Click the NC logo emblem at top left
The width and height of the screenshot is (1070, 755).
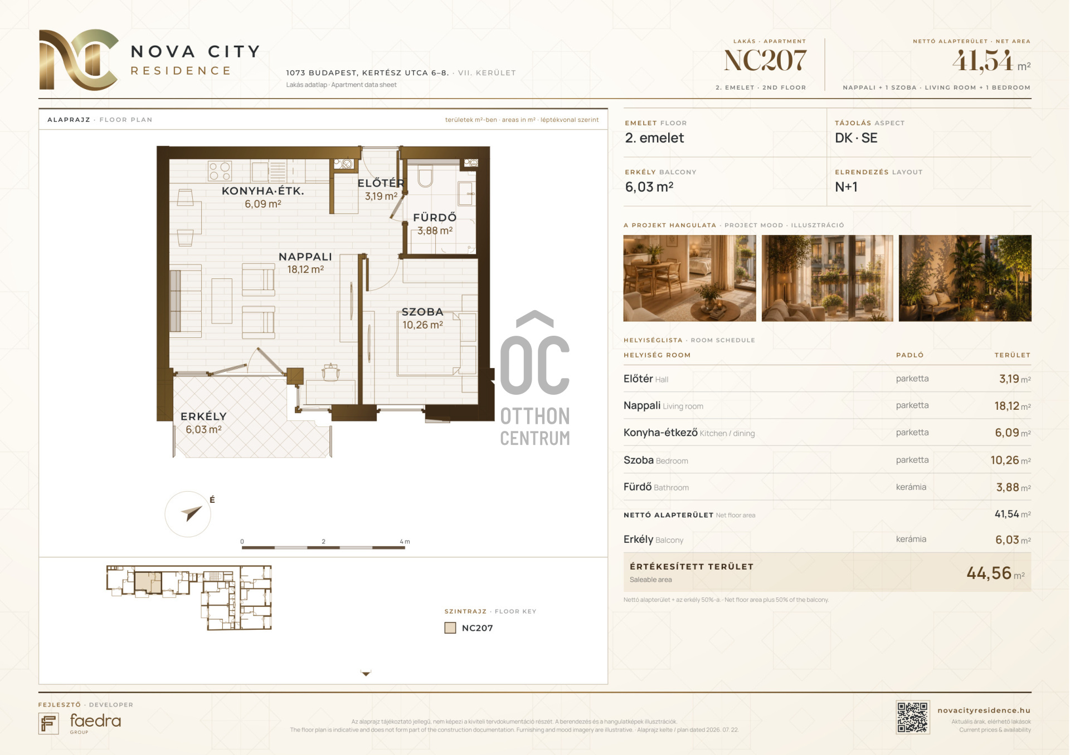[x=79, y=60]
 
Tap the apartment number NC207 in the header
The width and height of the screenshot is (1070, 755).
[x=765, y=61]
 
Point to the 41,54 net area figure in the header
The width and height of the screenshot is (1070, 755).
[x=983, y=61]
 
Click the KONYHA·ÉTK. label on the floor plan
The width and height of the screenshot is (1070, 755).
[x=263, y=191]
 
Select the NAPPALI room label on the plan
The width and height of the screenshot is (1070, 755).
[x=305, y=257]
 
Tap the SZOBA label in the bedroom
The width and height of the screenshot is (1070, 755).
[x=422, y=312]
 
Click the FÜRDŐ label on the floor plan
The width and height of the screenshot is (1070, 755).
[x=435, y=217]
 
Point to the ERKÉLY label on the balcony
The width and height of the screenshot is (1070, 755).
[x=203, y=416]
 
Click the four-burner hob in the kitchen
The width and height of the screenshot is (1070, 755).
[x=220, y=171]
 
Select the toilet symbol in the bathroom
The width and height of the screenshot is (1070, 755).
[x=425, y=176]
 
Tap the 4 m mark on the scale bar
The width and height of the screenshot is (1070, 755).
[x=405, y=542]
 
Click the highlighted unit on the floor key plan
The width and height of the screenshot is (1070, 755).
[x=148, y=582]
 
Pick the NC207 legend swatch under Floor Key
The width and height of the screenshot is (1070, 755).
[x=450, y=628]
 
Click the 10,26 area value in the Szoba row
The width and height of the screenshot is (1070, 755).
[x=1005, y=460]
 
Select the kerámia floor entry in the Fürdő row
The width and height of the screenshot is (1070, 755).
[x=911, y=487]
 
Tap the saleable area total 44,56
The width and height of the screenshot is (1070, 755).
[x=989, y=573]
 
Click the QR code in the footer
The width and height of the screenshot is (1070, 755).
[x=912, y=717]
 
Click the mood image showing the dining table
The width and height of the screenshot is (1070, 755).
[x=689, y=278]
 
